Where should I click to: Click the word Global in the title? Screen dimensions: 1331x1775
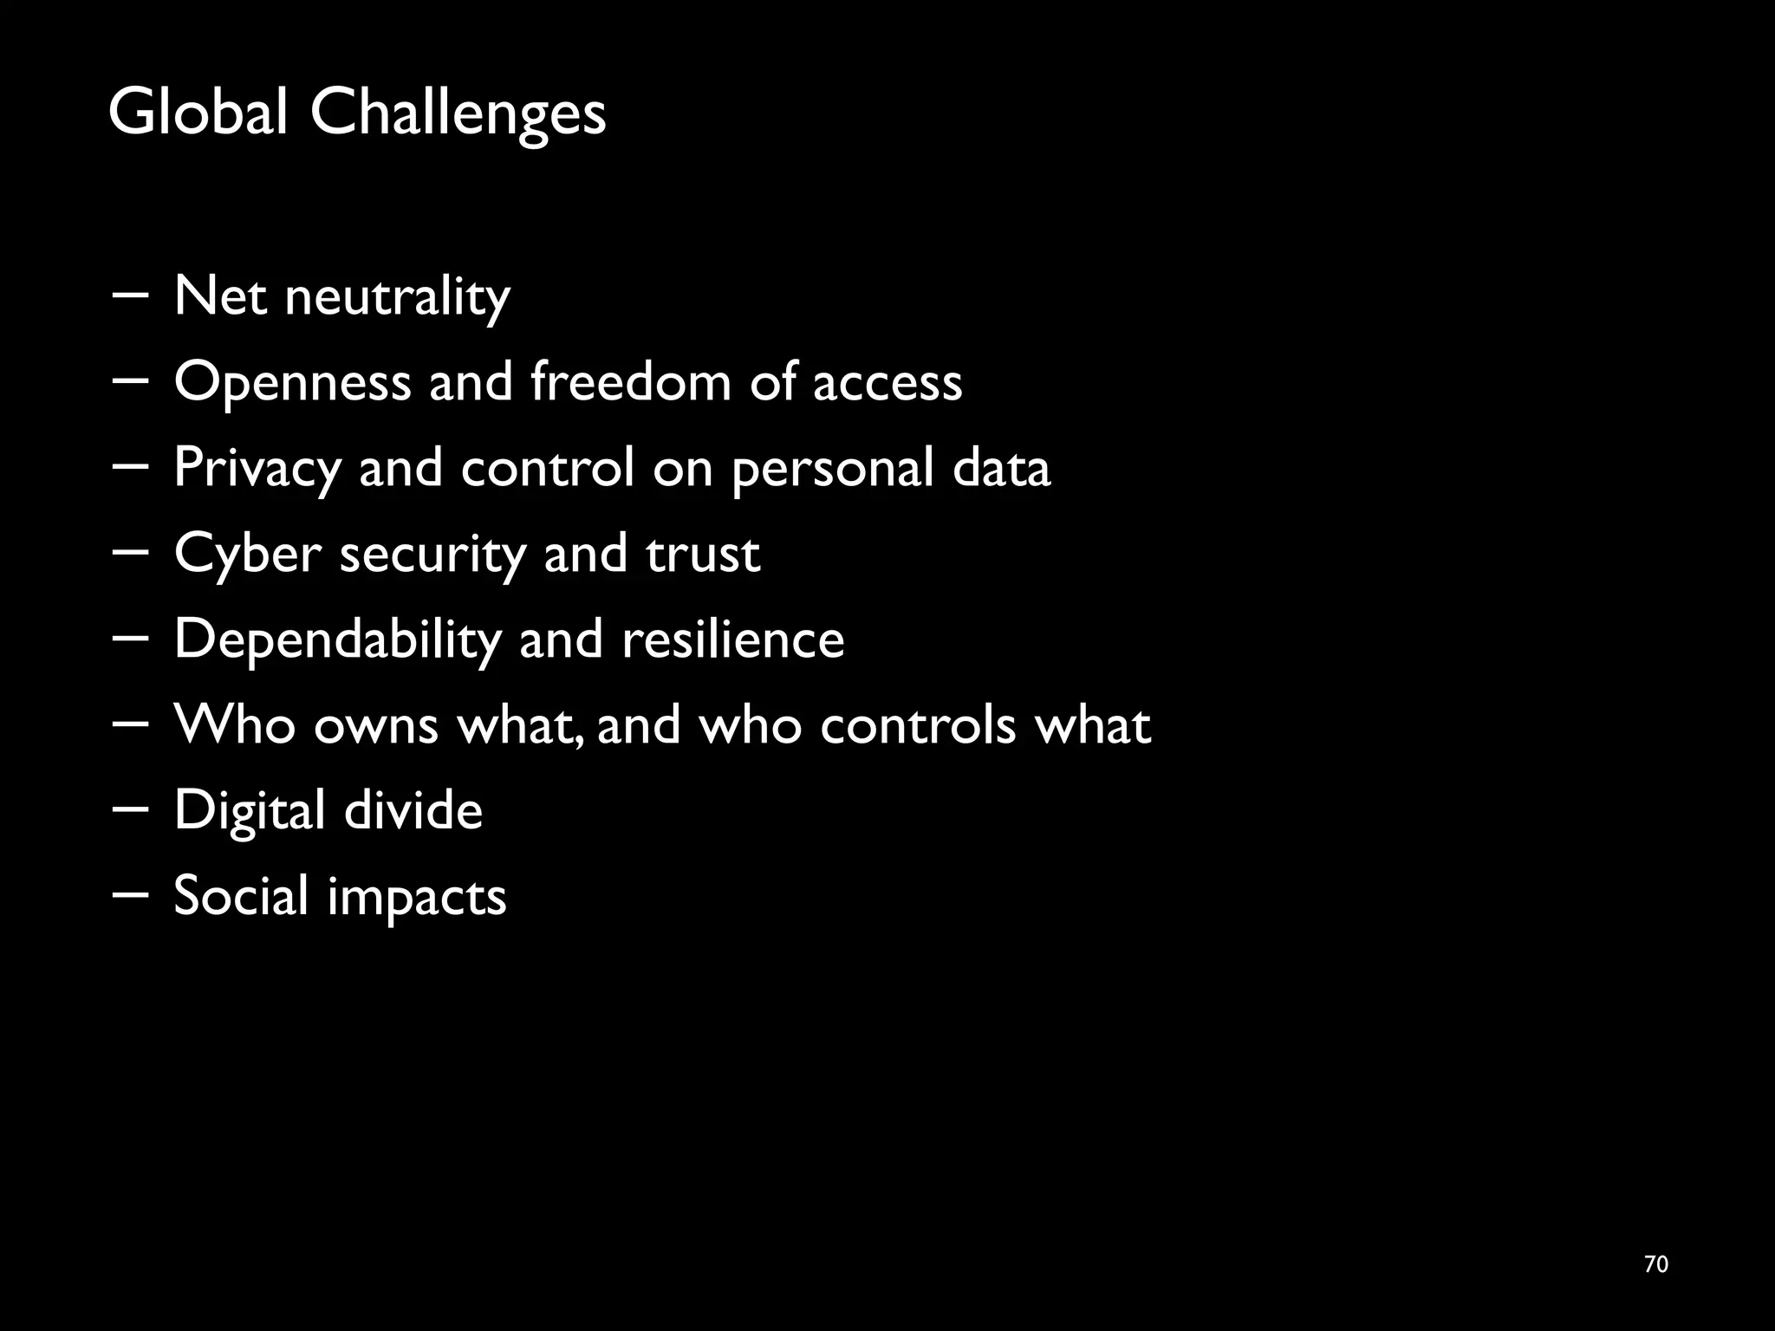[198, 113]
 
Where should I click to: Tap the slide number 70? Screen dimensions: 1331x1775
[1655, 1264]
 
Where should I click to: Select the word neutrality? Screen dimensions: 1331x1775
[397, 297]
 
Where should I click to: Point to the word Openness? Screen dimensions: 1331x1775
[292, 382]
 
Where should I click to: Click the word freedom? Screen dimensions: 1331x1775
[631, 380]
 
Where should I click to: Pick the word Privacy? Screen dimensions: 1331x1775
[257, 469]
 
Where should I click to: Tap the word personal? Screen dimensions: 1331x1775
[832, 469]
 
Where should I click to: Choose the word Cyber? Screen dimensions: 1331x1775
[247, 554]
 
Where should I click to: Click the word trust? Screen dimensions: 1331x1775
[703, 554]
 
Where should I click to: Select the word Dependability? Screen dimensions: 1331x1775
[337, 640]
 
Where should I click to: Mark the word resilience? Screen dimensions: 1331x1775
[732, 639]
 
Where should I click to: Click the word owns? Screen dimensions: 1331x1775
[375, 725]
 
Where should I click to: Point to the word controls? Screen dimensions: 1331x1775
[917, 724]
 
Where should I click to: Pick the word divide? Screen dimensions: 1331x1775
[413, 809]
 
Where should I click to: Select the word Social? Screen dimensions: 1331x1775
[241, 895]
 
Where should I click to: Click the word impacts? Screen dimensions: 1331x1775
[416, 897]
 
